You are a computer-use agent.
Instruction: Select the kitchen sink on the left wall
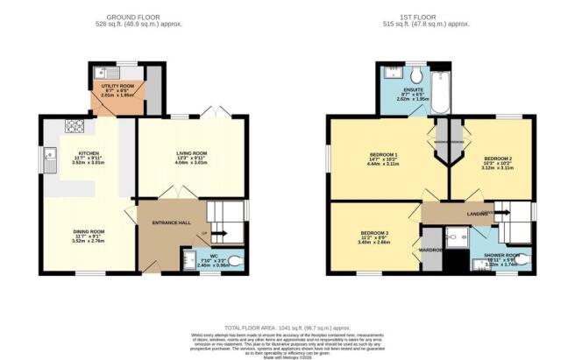46,158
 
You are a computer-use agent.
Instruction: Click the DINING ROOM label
88,232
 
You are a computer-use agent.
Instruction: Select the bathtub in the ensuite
439,92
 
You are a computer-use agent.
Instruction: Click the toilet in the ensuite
415,71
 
